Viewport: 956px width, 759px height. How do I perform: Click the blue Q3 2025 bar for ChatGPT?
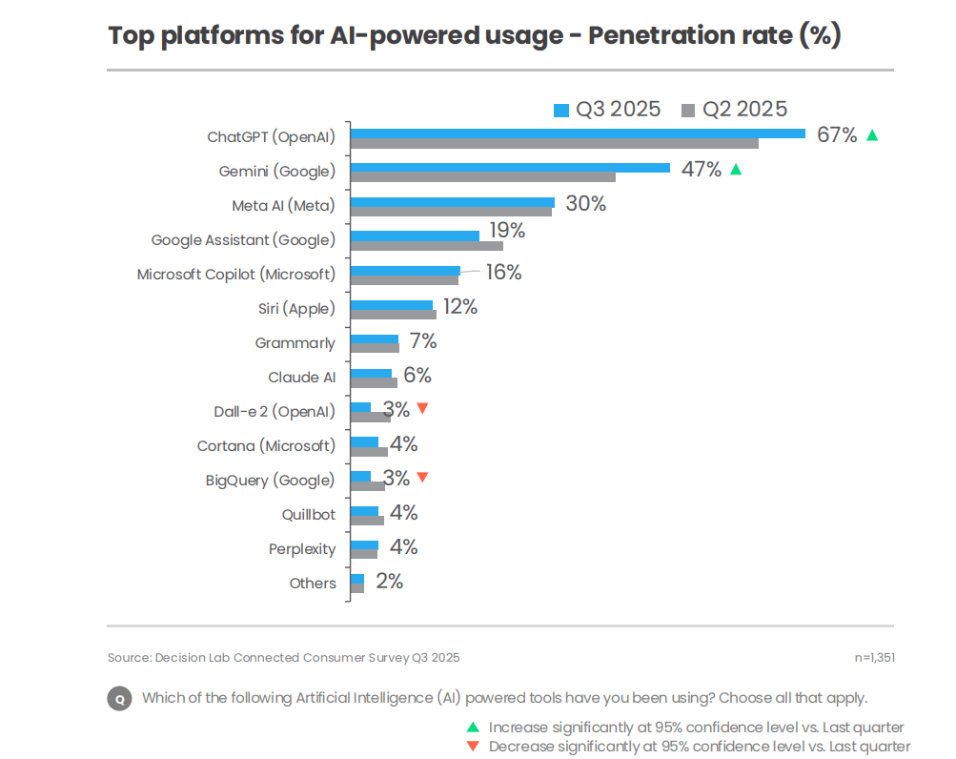click(x=578, y=133)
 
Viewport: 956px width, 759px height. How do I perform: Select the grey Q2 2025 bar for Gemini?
click(x=482, y=177)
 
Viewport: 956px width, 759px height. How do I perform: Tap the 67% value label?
click(x=837, y=135)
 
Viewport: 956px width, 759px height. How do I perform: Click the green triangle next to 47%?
click(x=735, y=170)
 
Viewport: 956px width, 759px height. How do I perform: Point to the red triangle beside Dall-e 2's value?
click(x=422, y=408)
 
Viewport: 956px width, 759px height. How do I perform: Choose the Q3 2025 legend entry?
click(x=607, y=110)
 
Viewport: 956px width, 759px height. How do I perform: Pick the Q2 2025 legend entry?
click(x=735, y=110)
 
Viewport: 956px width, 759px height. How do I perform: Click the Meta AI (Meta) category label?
click(x=283, y=206)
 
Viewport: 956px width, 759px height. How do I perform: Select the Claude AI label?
click(x=301, y=378)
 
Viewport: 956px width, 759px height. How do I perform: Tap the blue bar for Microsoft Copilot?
click(x=405, y=271)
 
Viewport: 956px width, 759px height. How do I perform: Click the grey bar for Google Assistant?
click(x=426, y=246)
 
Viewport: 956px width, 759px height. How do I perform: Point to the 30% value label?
click(x=585, y=204)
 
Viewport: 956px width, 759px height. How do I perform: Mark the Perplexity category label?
click(x=302, y=549)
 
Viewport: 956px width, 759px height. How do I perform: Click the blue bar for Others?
click(x=357, y=579)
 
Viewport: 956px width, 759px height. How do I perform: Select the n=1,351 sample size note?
click(x=874, y=657)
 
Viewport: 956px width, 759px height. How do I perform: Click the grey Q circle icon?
click(x=119, y=698)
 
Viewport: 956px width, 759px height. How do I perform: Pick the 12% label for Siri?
click(x=458, y=307)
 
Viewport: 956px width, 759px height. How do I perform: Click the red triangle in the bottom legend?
click(x=473, y=747)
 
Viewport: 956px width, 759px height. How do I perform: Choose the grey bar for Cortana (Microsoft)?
click(x=369, y=452)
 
